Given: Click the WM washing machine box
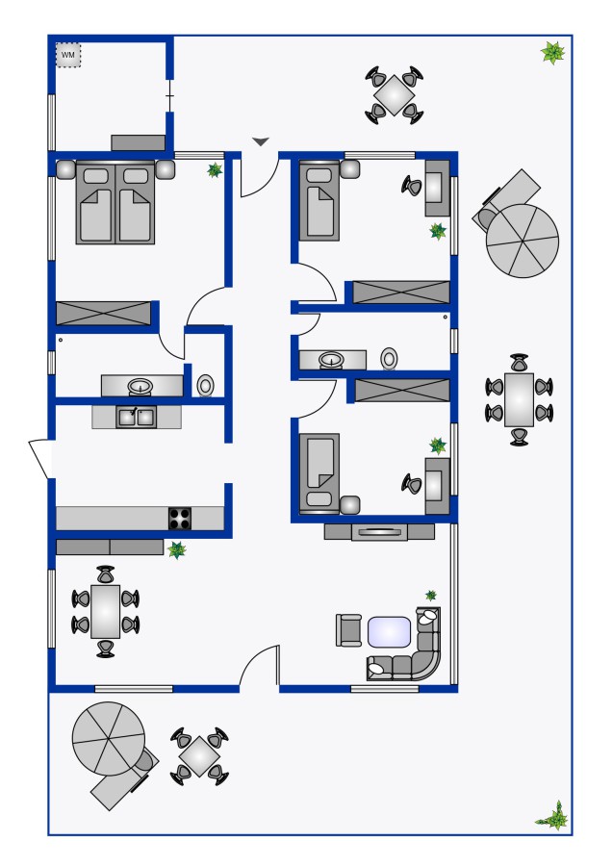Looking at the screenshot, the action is (68, 55).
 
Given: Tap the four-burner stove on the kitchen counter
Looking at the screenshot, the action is (180, 519).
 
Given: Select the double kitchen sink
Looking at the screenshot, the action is (136, 417).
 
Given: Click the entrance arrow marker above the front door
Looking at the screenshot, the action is (261, 142).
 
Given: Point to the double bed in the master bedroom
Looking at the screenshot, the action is (115, 203).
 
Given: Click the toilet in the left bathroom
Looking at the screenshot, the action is (206, 385).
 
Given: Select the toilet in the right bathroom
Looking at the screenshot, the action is (389, 359).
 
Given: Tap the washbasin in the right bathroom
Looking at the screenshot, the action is (331, 360).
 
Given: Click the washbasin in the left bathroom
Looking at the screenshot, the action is (140, 386).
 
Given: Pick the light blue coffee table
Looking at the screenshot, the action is (390, 632).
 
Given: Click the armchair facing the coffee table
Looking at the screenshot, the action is (348, 630).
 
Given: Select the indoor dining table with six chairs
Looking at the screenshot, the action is (105, 611).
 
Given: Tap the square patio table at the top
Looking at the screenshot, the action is (394, 95).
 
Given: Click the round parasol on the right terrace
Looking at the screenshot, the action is (523, 241).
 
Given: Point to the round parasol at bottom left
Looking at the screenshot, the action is (109, 738).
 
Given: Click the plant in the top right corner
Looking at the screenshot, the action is (553, 53).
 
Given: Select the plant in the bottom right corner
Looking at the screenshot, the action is (553, 816).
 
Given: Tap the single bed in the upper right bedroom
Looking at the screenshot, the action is (319, 200).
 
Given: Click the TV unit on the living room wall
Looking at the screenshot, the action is (379, 532).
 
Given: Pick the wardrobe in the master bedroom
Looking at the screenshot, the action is (103, 313).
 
